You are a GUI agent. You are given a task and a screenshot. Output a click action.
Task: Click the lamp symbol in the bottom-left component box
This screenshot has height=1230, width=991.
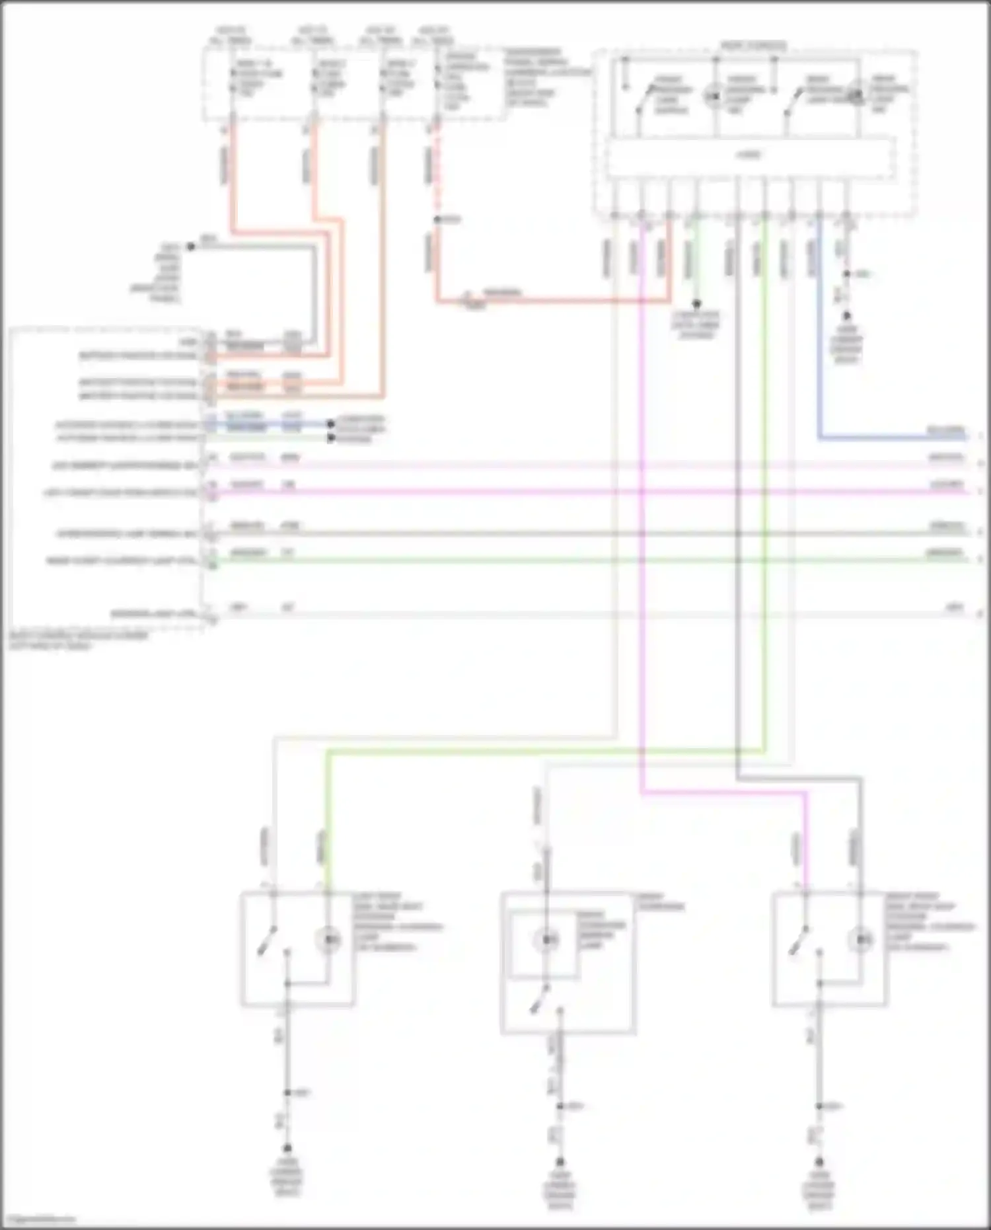point(328,939)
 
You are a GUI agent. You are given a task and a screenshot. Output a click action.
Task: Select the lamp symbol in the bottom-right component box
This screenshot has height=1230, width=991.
point(862,939)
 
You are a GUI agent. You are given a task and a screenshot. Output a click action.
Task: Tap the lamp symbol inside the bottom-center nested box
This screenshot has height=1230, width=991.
point(547,939)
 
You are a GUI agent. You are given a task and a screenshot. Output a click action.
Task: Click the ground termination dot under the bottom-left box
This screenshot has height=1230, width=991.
point(287,1149)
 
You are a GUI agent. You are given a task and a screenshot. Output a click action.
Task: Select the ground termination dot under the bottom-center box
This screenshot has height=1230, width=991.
point(560,1162)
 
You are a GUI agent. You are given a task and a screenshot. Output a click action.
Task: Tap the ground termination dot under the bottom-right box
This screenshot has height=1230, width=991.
point(819,1162)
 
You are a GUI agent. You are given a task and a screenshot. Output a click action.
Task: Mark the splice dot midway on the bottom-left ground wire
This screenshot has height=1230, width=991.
point(287,1093)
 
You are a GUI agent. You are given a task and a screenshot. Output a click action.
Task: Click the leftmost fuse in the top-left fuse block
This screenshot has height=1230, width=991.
point(233,79)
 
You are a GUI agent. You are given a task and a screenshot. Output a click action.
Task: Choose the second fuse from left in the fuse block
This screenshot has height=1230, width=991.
point(314,79)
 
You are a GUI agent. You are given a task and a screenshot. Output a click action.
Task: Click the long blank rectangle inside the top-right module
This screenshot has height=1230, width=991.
point(751,157)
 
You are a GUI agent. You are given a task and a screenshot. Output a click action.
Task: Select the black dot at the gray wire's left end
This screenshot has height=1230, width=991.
point(190,247)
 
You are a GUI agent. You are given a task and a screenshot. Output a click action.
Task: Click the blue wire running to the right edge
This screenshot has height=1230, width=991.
point(892,438)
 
